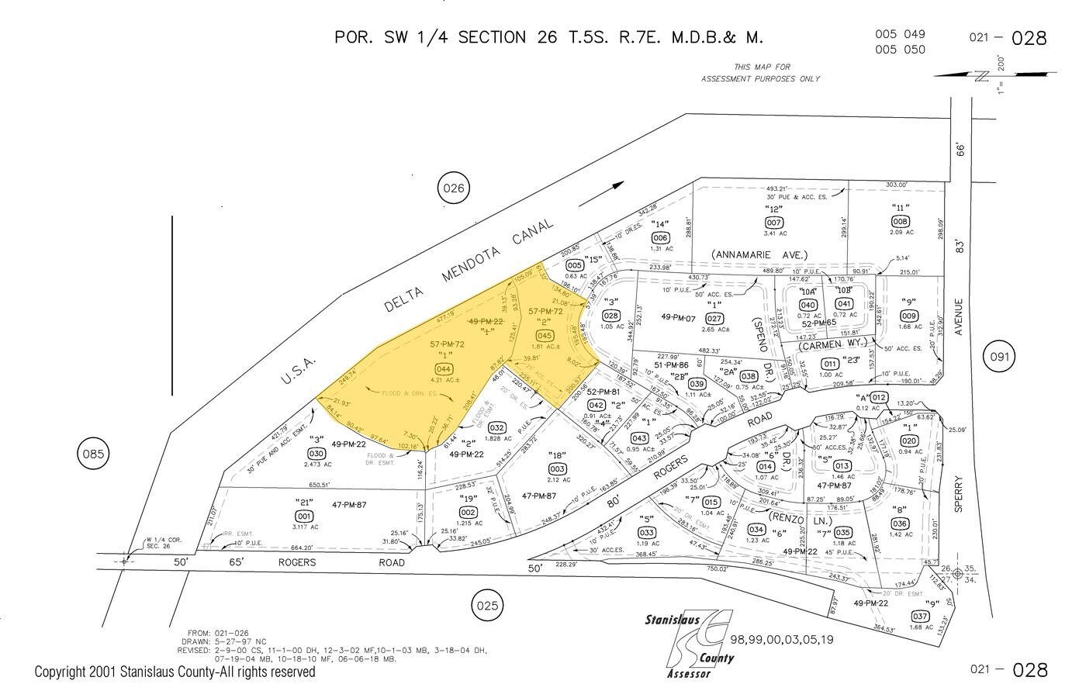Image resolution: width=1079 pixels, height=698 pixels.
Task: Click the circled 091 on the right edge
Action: pos(999,357)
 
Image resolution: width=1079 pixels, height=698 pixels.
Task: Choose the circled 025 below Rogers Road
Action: pos(487,604)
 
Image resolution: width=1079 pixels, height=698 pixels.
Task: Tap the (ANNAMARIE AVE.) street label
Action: pos(759,254)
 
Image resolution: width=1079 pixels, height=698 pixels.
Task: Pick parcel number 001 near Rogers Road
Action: pos(304,517)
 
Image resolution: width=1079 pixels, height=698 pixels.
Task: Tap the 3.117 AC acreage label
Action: pos(304,527)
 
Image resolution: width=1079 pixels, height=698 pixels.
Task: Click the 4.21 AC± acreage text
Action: pos(444,380)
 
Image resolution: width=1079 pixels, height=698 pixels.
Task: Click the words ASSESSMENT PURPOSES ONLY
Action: pos(760,79)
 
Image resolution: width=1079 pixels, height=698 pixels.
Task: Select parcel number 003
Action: pos(556,469)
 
